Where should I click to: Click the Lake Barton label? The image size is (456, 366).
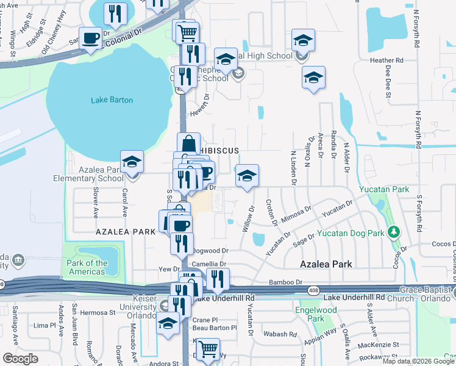[112, 100]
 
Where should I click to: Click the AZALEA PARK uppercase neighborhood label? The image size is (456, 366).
[121, 232]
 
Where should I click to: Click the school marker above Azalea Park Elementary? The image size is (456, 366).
[132, 162]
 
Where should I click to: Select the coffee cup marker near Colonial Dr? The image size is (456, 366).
[91, 38]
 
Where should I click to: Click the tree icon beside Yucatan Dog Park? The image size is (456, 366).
[394, 232]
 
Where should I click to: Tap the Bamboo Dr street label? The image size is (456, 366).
[286, 282]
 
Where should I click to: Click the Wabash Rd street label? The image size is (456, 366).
[280, 334]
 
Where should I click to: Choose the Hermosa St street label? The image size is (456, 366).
[93, 312]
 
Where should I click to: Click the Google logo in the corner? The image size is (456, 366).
[20, 358]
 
